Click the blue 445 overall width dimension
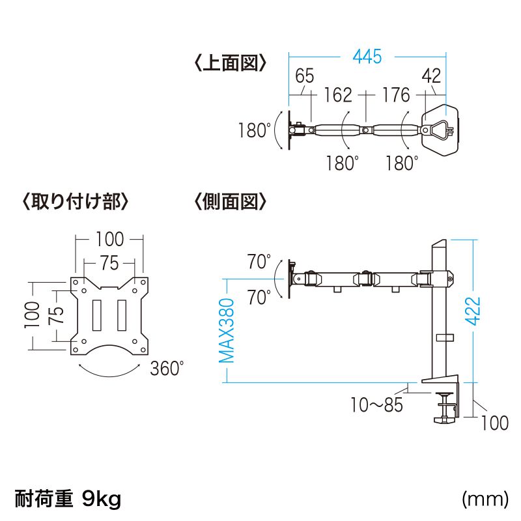pos(367,57)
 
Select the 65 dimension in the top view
pos(305,76)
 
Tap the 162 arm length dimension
pos(337,96)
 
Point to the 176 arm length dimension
pos(396,96)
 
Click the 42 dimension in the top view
pos(431,76)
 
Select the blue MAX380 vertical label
pos(226,331)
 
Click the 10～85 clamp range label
pos(376,405)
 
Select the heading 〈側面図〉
pos(230,201)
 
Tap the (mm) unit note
pos(485,500)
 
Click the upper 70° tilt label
pos(259,262)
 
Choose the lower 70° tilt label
pos(259,298)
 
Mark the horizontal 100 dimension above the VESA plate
pos(109,239)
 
